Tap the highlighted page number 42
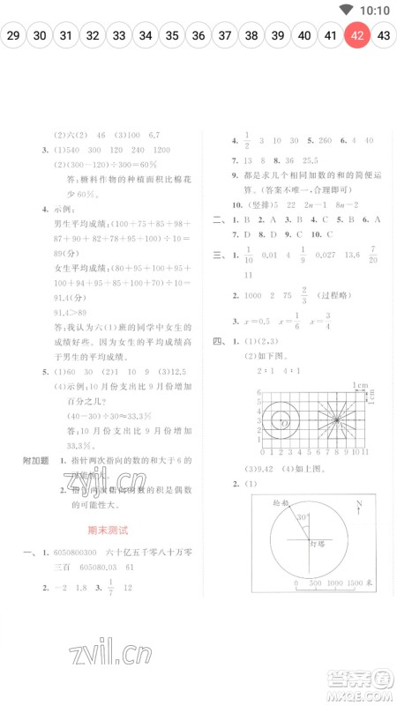[356, 36]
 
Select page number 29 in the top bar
[13, 36]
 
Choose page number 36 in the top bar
[198, 36]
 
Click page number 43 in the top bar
[384, 36]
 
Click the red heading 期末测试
[109, 531]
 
